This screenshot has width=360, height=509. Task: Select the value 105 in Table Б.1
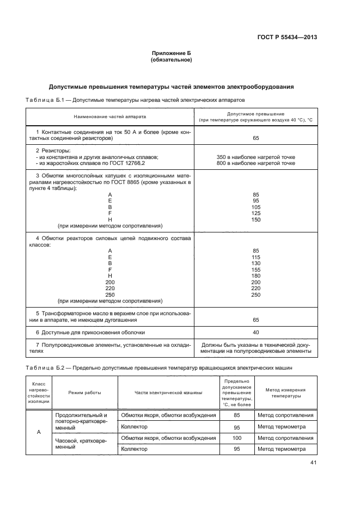[255, 207]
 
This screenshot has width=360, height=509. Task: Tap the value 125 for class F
[255, 213]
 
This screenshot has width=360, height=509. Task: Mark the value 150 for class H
[255, 220]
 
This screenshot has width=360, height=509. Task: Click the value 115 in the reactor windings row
[255, 257]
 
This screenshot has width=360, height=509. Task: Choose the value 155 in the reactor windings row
[255, 269]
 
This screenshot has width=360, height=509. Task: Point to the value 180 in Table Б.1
[255, 276]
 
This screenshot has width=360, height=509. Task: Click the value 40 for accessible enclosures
[255, 332]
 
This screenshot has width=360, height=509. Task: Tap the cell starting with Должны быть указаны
[255, 348]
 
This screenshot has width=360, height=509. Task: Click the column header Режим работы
[84, 393]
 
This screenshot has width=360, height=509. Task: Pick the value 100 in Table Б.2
[236, 438]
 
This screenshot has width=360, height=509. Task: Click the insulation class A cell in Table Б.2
[39, 432]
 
